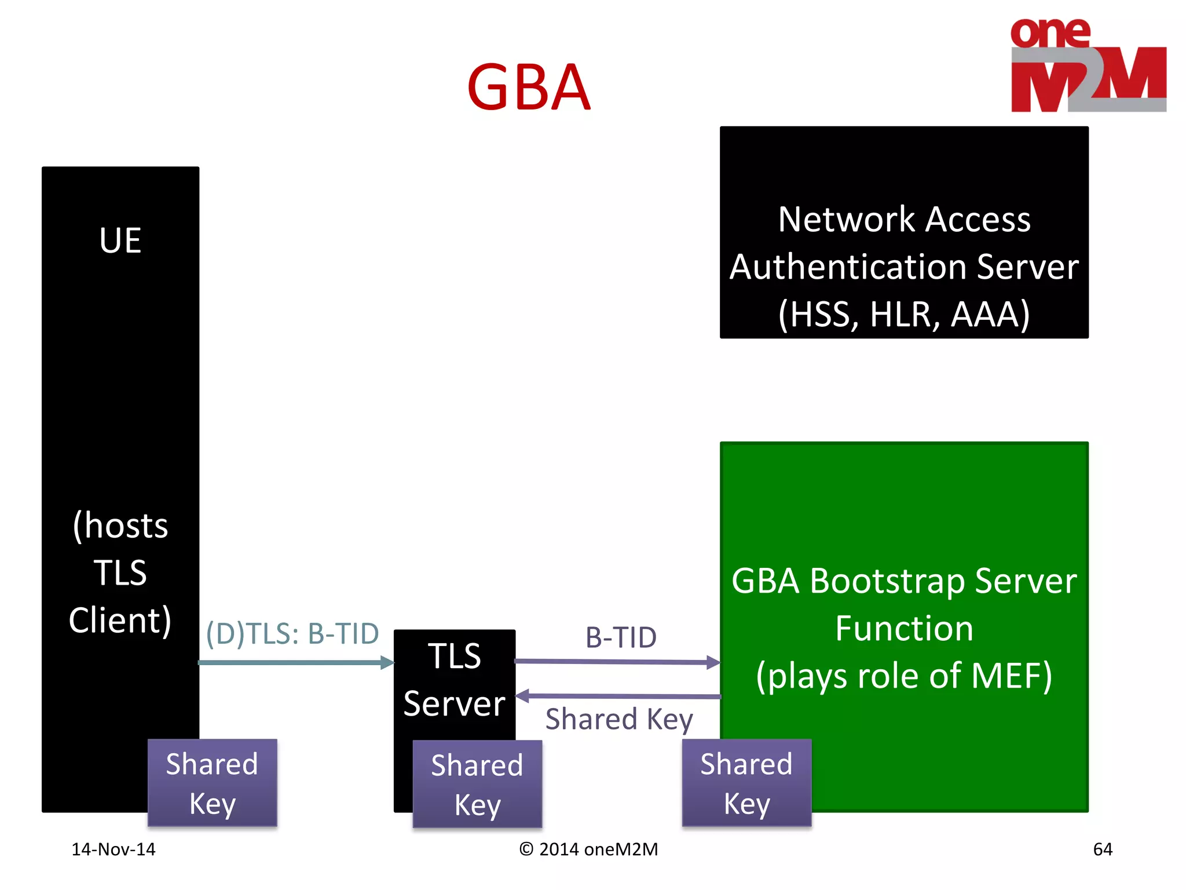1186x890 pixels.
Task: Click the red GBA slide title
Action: click(528, 88)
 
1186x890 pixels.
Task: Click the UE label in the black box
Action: click(120, 240)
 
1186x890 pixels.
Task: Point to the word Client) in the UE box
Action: click(120, 621)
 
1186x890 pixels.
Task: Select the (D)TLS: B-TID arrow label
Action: click(292, 634)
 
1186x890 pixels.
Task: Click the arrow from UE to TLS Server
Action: click(295, 662)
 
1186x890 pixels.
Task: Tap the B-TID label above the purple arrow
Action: click(621, 638)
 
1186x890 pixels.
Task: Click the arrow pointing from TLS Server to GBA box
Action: click(617, 662)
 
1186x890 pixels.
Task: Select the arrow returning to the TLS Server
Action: click(617, 696)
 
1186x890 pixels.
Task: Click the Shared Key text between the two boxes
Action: click(619, 720)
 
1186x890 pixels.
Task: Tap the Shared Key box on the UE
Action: click(213, 783)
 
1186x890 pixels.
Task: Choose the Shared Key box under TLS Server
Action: click(477, 784)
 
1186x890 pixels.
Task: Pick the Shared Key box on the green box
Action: click(746, 783)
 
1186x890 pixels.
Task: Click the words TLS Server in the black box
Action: click(455, 680)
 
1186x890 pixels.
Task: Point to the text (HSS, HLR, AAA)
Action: click(904, 315)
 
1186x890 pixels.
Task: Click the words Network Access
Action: click(904, 220)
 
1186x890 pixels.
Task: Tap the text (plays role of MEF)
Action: click(904, 676)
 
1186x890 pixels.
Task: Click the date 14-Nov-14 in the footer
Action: click(114, 849)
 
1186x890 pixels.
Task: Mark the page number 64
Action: click(1102, 849)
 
